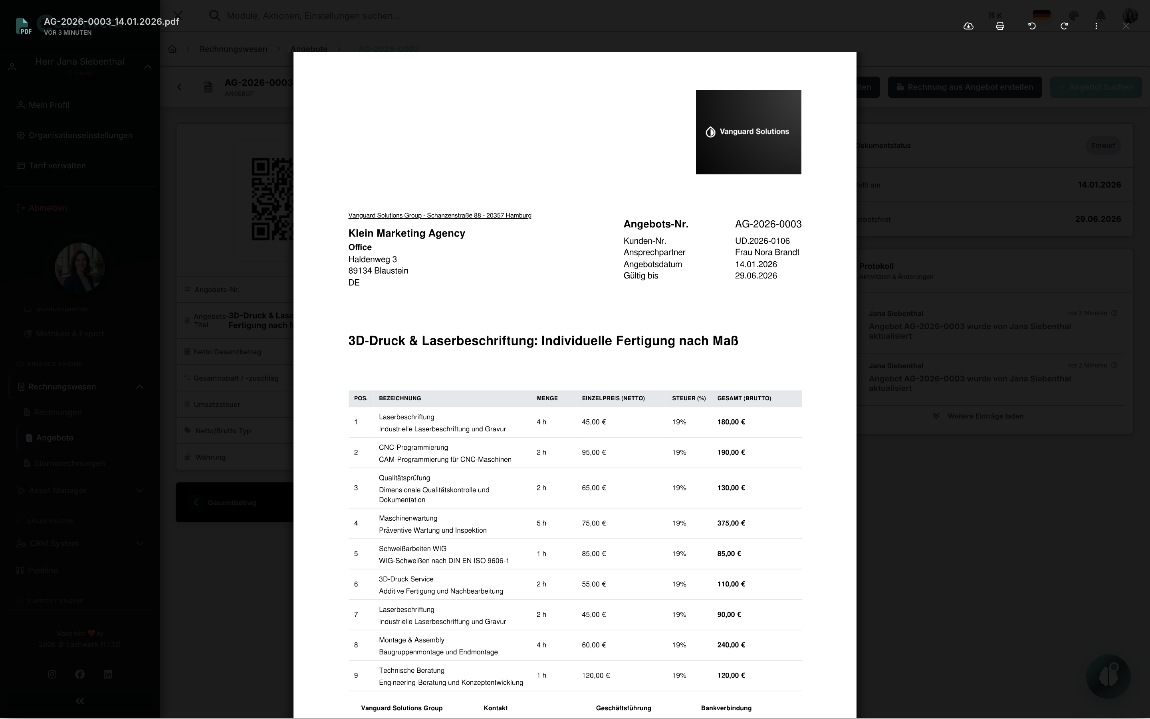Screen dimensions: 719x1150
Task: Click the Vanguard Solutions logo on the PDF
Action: (x=748, y=132)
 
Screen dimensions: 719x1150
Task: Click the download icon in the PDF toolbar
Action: (x=968, y=26)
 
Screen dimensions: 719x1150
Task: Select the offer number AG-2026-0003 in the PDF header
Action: (x=768, y=224)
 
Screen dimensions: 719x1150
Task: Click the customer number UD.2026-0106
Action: (x=762, y=241)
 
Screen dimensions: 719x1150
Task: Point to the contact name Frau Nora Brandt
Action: (x=767, y=253)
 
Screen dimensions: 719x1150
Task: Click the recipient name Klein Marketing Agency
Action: (x=406, y=233)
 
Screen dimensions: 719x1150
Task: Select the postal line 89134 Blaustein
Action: (x=378, y=271)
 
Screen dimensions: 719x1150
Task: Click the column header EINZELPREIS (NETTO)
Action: (x=613, y=399)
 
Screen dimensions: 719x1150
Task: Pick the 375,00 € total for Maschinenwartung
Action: (x=731, y=523)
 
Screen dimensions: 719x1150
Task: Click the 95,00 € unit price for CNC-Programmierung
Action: (x=593, y=452)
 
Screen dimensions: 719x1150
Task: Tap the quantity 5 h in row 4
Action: (x=541, y=523)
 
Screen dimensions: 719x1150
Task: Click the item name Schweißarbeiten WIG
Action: (x=412, y=549)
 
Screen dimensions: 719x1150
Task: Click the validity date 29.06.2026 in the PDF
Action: (x=755, y=276)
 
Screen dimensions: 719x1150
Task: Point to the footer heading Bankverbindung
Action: (x=726, y=708)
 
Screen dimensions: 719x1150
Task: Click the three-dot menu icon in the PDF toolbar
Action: (x=1096, y=26)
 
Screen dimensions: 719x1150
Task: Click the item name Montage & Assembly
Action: (x=411, y=640)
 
